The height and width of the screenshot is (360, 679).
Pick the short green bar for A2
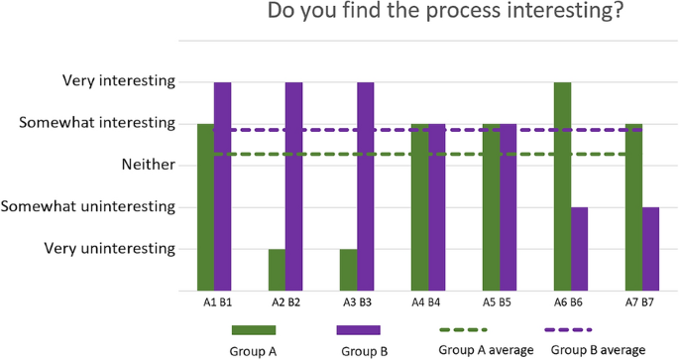pyautogui.click(x=277, y=269)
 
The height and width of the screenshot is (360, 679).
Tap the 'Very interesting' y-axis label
pyautogui.click(x=118, y=80)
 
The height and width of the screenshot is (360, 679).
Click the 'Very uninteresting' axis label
pyautogui.click(x=110, y=248)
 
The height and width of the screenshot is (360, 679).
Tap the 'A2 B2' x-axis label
pyautogui.click(x=285, y=300)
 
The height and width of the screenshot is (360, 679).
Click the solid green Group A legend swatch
pyautogui.click(x=254, y=329)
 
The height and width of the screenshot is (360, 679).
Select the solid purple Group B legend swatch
pyautogui.click(x=359, y=329)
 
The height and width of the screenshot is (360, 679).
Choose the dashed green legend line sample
pyautogui.click(x=463, y=329)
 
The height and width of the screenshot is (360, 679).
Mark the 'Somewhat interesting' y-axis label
pyautogui.click(x=101, y=123)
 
